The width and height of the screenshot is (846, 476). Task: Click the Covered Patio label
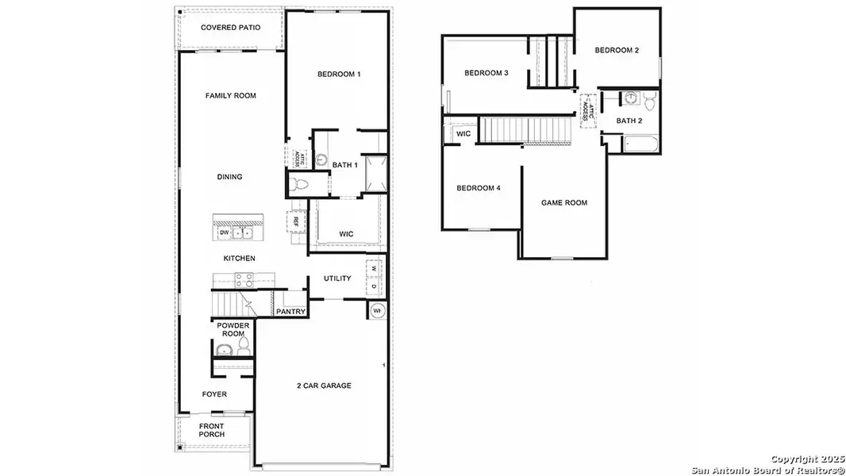[x=230, y=27]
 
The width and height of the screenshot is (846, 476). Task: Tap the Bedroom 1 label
[x=339, y=74]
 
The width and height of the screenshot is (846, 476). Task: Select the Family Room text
[x=230, y=96]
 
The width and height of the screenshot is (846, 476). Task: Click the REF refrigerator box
[x=295, y=221]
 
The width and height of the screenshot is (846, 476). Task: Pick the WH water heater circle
[x=376, y=310]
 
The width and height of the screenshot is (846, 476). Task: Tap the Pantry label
[x=290, y=312]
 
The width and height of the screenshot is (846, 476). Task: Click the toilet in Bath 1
[x=299, y=185]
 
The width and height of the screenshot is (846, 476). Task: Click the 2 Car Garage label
[x=324, y=386]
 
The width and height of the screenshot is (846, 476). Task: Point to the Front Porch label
[x=211, y=430]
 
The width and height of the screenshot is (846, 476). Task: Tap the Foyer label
[x=214, y=394]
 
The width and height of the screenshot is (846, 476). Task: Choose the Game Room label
[x=564, y=203]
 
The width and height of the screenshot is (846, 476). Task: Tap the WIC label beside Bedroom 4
[x=463, y=134]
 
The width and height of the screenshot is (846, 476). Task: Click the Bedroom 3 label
[x=486, y=73]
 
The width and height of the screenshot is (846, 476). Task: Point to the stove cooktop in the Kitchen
[x=244, y=279]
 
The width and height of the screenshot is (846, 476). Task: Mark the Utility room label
[x=337, y=278]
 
